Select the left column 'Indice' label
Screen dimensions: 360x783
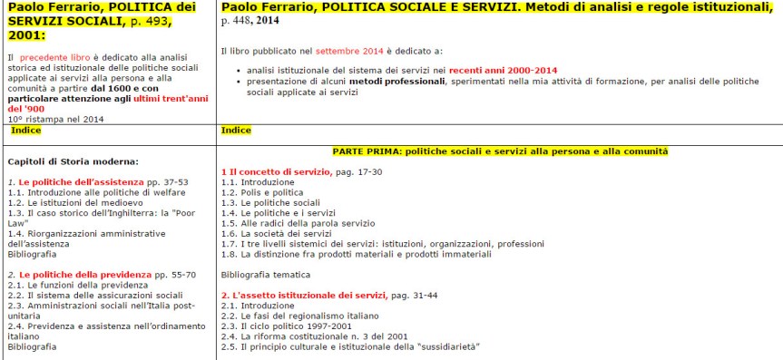(x=26, y=131)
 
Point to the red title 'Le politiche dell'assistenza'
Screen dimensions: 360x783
(x=82, y=182)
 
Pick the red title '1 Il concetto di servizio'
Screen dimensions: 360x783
(x=270, y=171)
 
